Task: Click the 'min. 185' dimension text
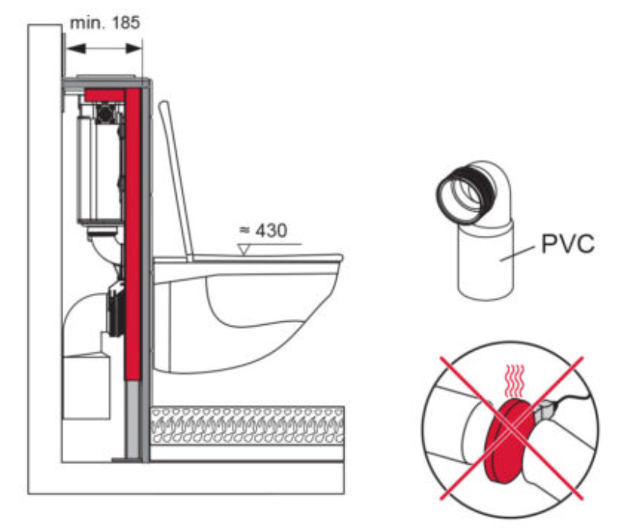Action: (105, 22)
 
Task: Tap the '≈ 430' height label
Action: (261, 230)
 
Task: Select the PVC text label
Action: (568, 244)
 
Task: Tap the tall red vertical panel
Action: (133, 229)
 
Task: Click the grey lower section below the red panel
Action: (134, 420)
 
